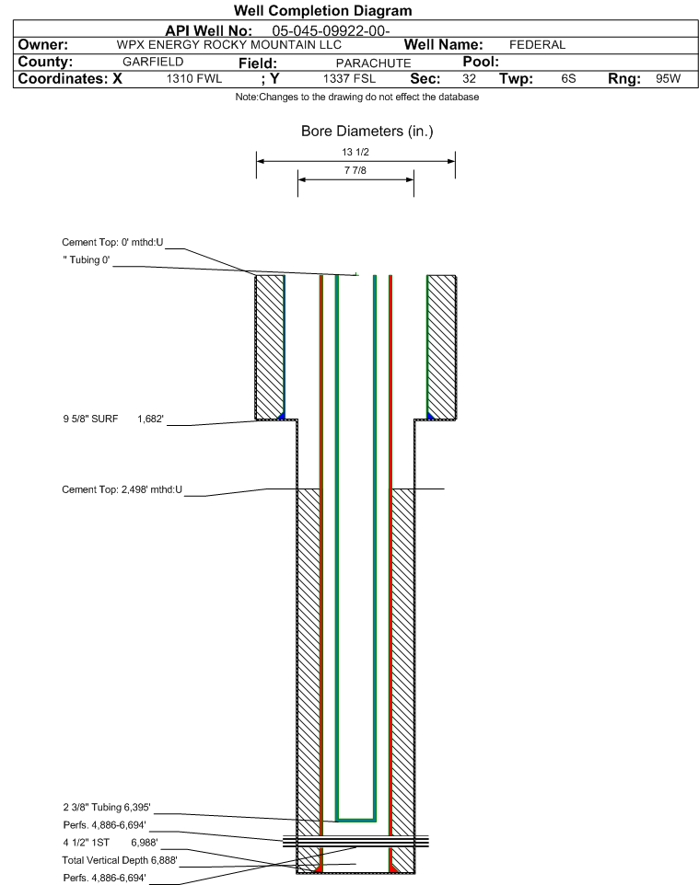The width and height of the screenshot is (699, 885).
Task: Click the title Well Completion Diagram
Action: point(322,11)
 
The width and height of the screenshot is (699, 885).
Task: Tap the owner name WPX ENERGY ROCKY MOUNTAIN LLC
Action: point(228,45)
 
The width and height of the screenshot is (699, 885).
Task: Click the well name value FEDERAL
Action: point(537,45)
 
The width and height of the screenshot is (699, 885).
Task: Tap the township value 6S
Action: point(568,79)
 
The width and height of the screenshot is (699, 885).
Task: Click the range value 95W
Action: point(668,79)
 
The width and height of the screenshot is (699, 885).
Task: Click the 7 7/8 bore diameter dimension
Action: point(355,171)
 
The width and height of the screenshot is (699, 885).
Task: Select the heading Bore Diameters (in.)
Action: point(367,132)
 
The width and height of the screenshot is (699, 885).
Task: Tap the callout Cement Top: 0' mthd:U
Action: point(111,242)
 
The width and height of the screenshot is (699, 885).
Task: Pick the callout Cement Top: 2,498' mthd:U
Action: point(122,489)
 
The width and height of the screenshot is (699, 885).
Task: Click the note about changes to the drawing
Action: point(356,98)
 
